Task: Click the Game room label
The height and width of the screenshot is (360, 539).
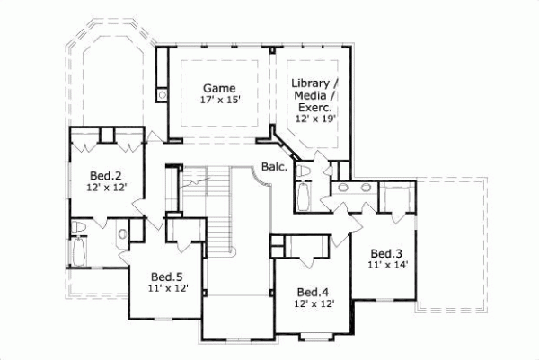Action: [x=218, y=88]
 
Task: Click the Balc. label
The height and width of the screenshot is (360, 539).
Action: [x=275, y=167]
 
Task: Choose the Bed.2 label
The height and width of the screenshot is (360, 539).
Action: [x=106, y=175]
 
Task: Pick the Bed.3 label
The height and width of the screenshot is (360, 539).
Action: [x=385, y=253]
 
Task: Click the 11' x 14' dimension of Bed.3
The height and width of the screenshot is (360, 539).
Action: [x=386, y=266]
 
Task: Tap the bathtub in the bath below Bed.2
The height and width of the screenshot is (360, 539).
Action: [x=79, y=250]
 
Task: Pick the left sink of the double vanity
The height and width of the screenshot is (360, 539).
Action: [x=343, y=189]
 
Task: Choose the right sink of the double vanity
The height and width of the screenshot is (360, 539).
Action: [x=366, y=189]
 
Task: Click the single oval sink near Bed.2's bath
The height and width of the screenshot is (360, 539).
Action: [x=121, y=235]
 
